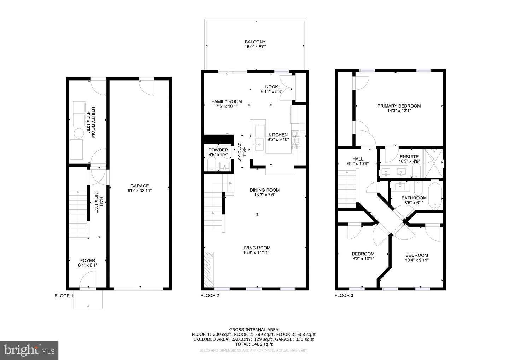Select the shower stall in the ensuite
(x=433, y=163)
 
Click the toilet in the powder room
(x=212, y=164)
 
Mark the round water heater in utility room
(x=78, y=133)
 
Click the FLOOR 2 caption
(x=210, y=296)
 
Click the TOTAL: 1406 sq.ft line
(x=253, y=344)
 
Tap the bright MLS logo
(x=29, y=350)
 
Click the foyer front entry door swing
(x=88, y=279)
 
